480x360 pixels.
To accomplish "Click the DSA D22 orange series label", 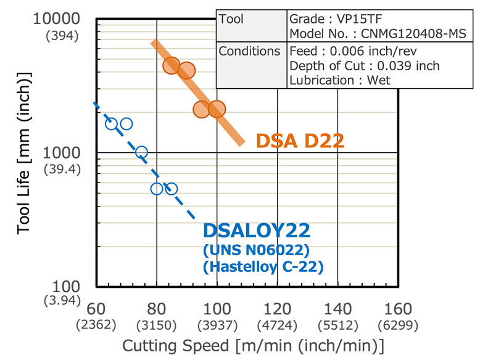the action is coord(300,141).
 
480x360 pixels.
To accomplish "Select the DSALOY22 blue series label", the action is coord(257,231).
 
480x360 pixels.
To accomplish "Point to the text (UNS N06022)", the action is coord(256,250).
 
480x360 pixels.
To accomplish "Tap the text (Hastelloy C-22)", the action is coord(263,267).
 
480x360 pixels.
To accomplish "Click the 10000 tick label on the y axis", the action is coord(56,18).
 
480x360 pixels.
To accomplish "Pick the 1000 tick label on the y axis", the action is coord(61,153).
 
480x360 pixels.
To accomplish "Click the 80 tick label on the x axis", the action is coord(157,309).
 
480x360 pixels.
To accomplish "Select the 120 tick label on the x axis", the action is coord(278,309).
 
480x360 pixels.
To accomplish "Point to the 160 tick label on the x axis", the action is coord(398,309).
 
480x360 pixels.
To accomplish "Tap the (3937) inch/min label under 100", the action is coord(217,325).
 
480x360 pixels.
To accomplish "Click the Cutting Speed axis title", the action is coord(253,346).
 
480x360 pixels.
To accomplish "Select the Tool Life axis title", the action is coord(23,153).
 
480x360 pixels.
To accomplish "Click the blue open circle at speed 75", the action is coord(141,152).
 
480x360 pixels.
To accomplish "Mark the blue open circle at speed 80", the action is coord(157,189).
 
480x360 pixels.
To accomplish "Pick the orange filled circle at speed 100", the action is coord(217,109).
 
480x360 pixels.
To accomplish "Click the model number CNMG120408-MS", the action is coord(413,34).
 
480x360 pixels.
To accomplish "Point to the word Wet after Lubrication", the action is coord(379,80).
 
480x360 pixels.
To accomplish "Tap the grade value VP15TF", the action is coord(360,19).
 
